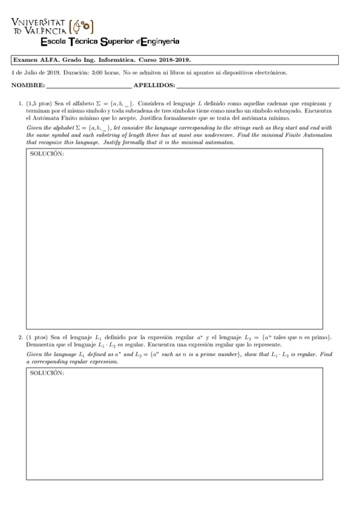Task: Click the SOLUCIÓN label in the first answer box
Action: (47, 154)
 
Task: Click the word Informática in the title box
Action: (104, 60)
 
